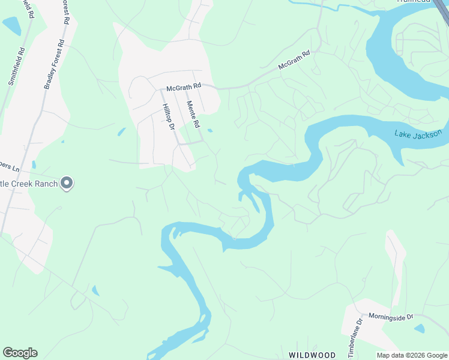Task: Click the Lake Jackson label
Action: click(x=418, y=133)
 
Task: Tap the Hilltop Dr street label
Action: click(x=167, y=116)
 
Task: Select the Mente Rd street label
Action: click(x=192, y=114)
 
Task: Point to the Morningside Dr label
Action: click(x=391, y=316)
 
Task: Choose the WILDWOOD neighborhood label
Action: click(x=312, y=355)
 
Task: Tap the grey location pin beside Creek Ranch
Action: click(x=67, y=183)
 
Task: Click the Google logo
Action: click(x=20, y=353)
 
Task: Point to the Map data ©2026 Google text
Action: click(x=412, y=355)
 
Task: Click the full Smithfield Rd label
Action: click(x=16, y=66)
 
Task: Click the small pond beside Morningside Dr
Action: click(x=419, y=329)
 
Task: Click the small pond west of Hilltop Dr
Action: click(x=122, y=131)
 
